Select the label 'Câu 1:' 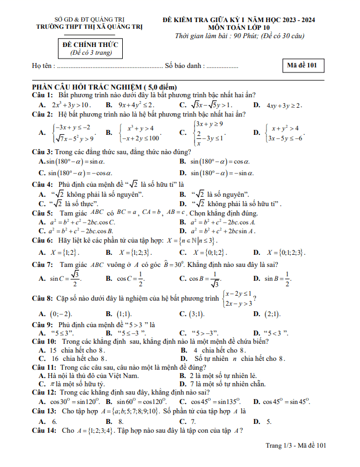click(42, 96)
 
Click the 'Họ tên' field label click(43, 66)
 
